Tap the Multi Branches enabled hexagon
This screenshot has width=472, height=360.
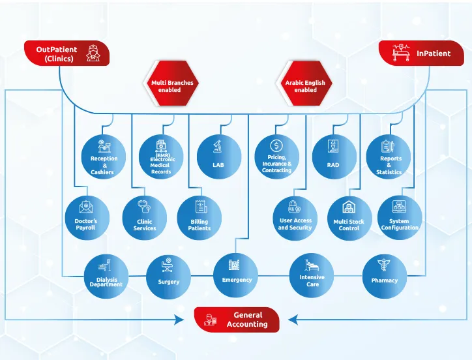(172, 84)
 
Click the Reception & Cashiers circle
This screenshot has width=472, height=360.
(103, 157)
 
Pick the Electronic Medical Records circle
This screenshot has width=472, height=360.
(161, 157)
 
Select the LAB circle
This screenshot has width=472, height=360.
(218, 157)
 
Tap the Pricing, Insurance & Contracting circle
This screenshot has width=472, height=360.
(276, 157)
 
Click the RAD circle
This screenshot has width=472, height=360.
(333, 157)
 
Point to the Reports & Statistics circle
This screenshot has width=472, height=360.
(389, 157)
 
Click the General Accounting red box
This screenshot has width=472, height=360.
(237, 320)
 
